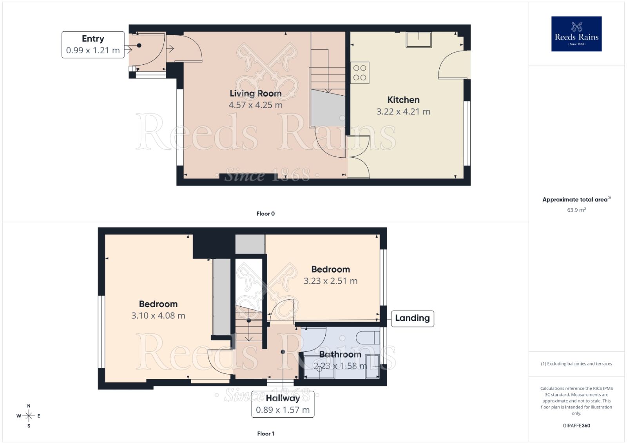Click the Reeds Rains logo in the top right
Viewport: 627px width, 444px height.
576,34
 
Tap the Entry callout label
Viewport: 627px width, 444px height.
93,44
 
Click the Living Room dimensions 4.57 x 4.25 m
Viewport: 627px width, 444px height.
256,105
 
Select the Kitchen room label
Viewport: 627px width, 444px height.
403,100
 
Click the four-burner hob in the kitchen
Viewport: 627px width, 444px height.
360,73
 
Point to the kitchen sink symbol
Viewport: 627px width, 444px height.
419,40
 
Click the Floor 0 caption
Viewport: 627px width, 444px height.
265,214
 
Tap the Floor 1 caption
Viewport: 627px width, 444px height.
265,433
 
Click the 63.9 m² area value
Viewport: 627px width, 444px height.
576,210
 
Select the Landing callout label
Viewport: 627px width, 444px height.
412,318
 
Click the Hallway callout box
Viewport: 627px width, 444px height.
283,404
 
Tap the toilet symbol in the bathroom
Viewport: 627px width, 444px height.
368,337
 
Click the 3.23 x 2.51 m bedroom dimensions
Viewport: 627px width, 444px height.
330,281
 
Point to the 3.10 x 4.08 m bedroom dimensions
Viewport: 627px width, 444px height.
158,315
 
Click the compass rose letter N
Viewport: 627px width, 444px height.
29,406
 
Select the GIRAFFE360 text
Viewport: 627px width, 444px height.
576,426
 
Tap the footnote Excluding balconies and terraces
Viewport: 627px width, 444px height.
576,364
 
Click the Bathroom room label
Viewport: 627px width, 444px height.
340,354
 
